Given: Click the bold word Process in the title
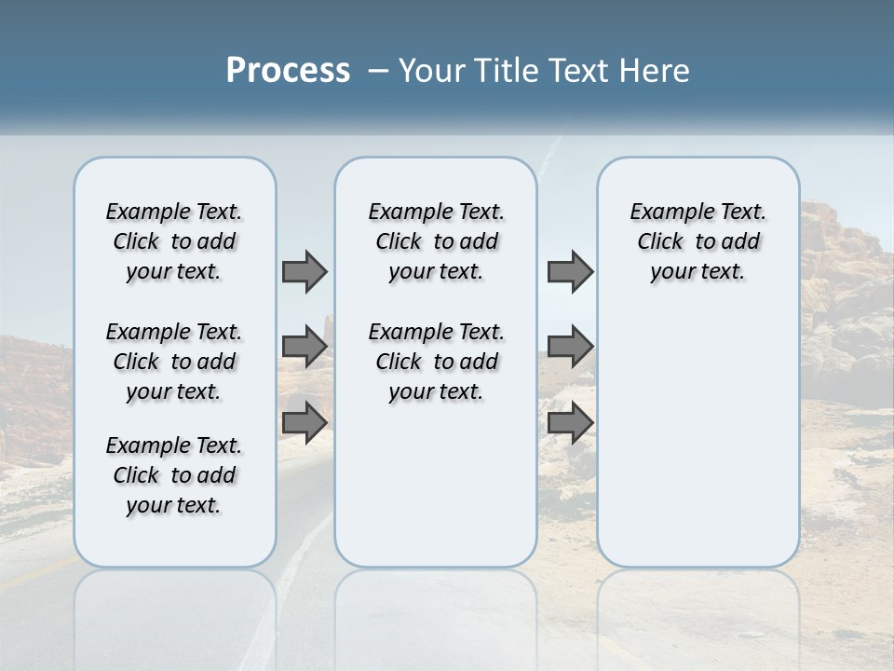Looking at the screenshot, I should click(x=288, y=71).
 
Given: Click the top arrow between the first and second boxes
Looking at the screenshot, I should click(x=305, y=271).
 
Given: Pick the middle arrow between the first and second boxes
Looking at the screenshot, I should click(x=305, y=347).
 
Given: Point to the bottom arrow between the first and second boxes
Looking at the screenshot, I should click(x=305, y=422).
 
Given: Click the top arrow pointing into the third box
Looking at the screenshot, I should click(x=570, y=271).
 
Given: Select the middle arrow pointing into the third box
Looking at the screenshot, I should click(x=570, y=347).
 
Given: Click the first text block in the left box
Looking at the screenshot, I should click(x=174, y=241).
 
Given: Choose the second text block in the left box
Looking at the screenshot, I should click(x=174, y=362).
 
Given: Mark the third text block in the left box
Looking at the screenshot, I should click(x=174, y=475).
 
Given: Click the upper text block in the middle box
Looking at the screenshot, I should click(x=436, y=241).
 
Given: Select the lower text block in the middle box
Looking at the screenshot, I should click(x=436, y=362).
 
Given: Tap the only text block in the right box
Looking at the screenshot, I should click(x=698, y=241).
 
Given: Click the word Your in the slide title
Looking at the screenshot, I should click(x=427, y=71).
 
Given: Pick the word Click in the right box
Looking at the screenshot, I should click(x=660, y=242).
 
